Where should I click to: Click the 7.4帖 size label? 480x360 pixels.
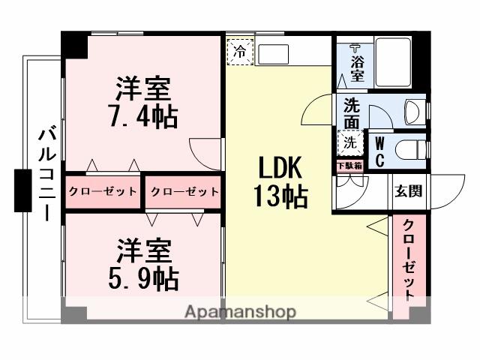146,118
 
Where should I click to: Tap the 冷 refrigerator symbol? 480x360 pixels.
239,52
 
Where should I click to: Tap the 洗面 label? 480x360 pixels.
351,112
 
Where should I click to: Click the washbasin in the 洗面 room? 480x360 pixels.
412,112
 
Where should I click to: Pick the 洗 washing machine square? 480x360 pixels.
350,140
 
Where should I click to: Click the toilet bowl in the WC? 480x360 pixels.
409,149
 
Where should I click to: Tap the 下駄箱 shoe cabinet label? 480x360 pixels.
349,165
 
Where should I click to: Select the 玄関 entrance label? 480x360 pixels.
408,190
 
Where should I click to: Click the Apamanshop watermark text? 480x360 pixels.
240,311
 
